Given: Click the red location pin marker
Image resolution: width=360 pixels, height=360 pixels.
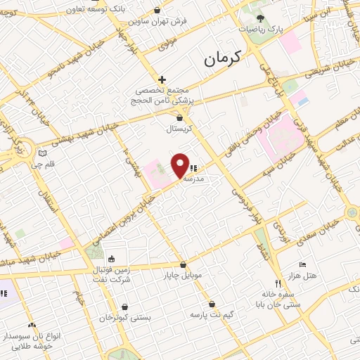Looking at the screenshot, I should point(180,165).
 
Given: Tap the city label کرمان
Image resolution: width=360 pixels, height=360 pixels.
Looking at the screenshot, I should point(221,59).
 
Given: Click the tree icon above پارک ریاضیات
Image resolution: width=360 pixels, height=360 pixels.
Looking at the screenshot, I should point(260,18).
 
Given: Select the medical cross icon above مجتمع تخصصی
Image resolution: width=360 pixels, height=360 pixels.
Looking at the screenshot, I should point(162,79).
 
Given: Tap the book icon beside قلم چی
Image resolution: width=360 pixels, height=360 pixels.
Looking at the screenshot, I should point(42,153).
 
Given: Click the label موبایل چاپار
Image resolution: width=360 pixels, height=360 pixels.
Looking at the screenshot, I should point(183,276).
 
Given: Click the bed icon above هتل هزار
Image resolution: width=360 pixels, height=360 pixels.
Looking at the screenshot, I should point(302,264).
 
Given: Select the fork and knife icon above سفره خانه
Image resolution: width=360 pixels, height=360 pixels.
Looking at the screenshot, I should point(278,283).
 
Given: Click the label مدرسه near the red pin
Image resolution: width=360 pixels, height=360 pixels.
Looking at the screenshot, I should point(193,179).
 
